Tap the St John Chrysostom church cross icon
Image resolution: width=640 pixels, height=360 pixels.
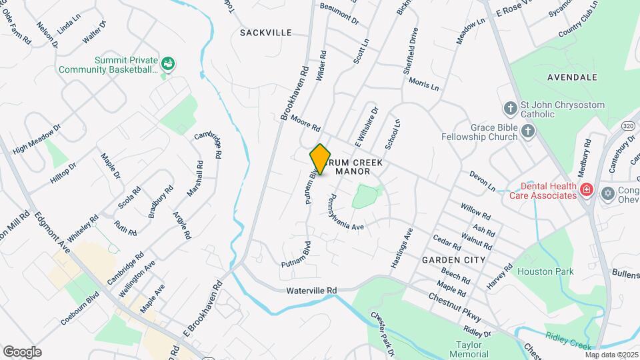[510, 107]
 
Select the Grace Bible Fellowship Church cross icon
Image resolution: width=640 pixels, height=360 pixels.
[527, 130]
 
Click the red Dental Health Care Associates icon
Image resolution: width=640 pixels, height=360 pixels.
[587, 189]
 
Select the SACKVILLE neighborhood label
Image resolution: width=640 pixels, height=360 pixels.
[266, 32]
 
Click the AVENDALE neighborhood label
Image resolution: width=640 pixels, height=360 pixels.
[572, 77]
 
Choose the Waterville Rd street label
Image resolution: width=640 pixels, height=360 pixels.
[312, 291]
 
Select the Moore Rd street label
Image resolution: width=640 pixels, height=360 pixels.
[306, 123]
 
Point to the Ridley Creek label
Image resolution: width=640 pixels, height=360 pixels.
[568, 341]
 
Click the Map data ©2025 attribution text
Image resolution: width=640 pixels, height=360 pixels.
[611, 355]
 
